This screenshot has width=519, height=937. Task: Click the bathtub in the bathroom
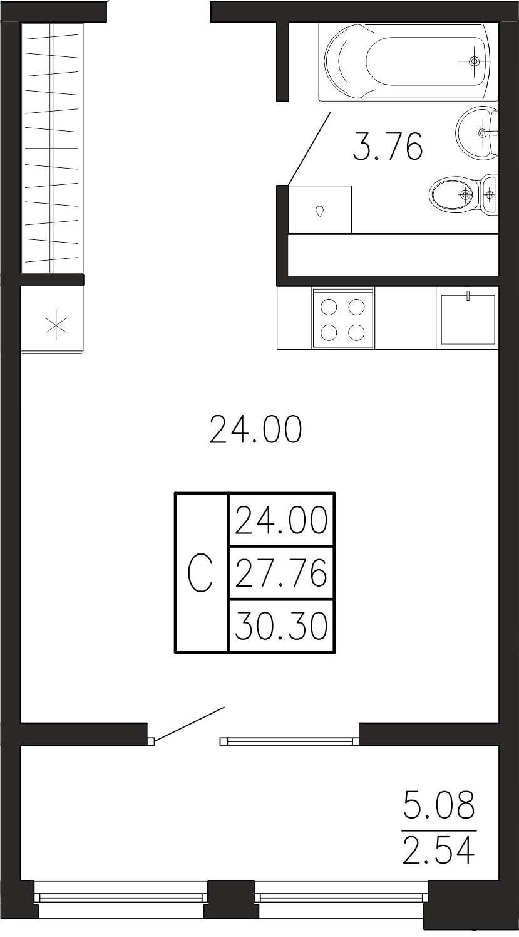408,61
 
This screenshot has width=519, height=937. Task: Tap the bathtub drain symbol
474,61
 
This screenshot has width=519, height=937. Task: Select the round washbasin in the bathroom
477,132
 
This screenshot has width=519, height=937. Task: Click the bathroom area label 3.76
388,147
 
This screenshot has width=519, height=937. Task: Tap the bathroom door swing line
309,149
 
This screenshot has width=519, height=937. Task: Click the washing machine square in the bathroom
320,209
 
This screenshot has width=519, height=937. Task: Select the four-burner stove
342,318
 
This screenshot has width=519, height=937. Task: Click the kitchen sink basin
467,319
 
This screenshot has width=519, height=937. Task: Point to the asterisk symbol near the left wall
56,327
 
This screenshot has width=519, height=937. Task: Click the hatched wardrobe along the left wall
52,148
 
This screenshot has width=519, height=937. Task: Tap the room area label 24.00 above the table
255,429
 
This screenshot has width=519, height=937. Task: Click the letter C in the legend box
200,572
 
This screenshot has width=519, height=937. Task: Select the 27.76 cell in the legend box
281,572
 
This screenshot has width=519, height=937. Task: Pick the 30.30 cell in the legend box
281,626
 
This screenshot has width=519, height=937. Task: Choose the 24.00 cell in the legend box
281,520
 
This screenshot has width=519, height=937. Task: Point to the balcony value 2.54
439,851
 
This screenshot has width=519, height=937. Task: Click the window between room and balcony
289,741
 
